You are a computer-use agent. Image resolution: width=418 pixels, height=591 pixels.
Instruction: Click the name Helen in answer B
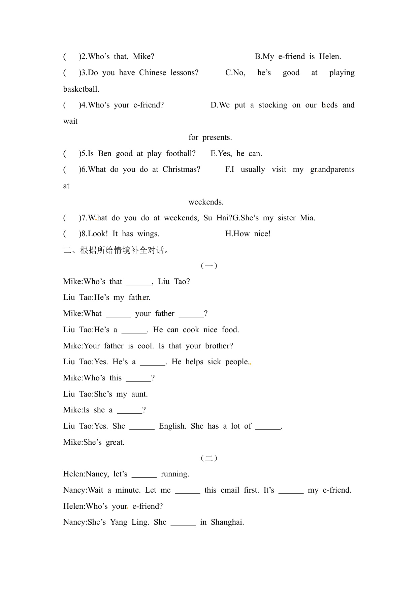330,57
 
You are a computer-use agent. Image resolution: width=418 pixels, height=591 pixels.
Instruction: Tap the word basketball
81,89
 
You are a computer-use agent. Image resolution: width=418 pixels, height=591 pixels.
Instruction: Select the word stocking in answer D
273,105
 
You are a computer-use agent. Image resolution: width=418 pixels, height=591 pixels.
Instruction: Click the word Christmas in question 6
181,169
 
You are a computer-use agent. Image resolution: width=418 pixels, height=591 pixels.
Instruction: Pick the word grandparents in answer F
332,169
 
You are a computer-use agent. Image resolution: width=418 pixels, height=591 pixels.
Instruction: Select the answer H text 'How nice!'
248,234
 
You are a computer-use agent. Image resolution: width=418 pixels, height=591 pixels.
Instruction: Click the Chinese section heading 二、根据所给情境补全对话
116,250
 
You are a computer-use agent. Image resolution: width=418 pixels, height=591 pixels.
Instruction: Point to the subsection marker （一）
209,266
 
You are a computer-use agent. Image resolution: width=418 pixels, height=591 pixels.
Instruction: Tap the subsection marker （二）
209,458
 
